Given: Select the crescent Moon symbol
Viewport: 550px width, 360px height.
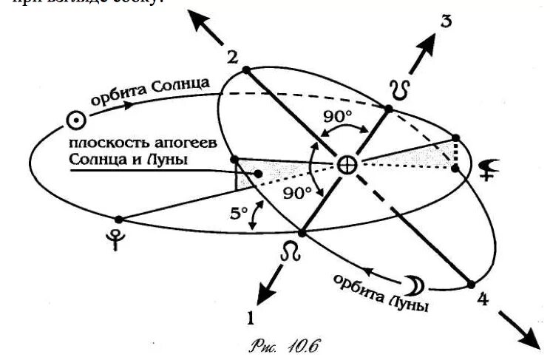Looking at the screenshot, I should coord(411,283).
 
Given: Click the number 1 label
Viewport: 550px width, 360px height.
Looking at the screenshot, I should coord(251,319).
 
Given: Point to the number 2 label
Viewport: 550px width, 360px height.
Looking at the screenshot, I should coord(232,58).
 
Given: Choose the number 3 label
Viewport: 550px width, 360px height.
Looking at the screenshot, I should coord(446,21).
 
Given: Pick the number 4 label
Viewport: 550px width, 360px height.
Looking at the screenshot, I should coord(482,300).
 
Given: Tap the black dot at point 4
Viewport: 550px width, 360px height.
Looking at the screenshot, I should coord(468,284).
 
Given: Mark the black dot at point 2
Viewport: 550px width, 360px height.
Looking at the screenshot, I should coord(245,70).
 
